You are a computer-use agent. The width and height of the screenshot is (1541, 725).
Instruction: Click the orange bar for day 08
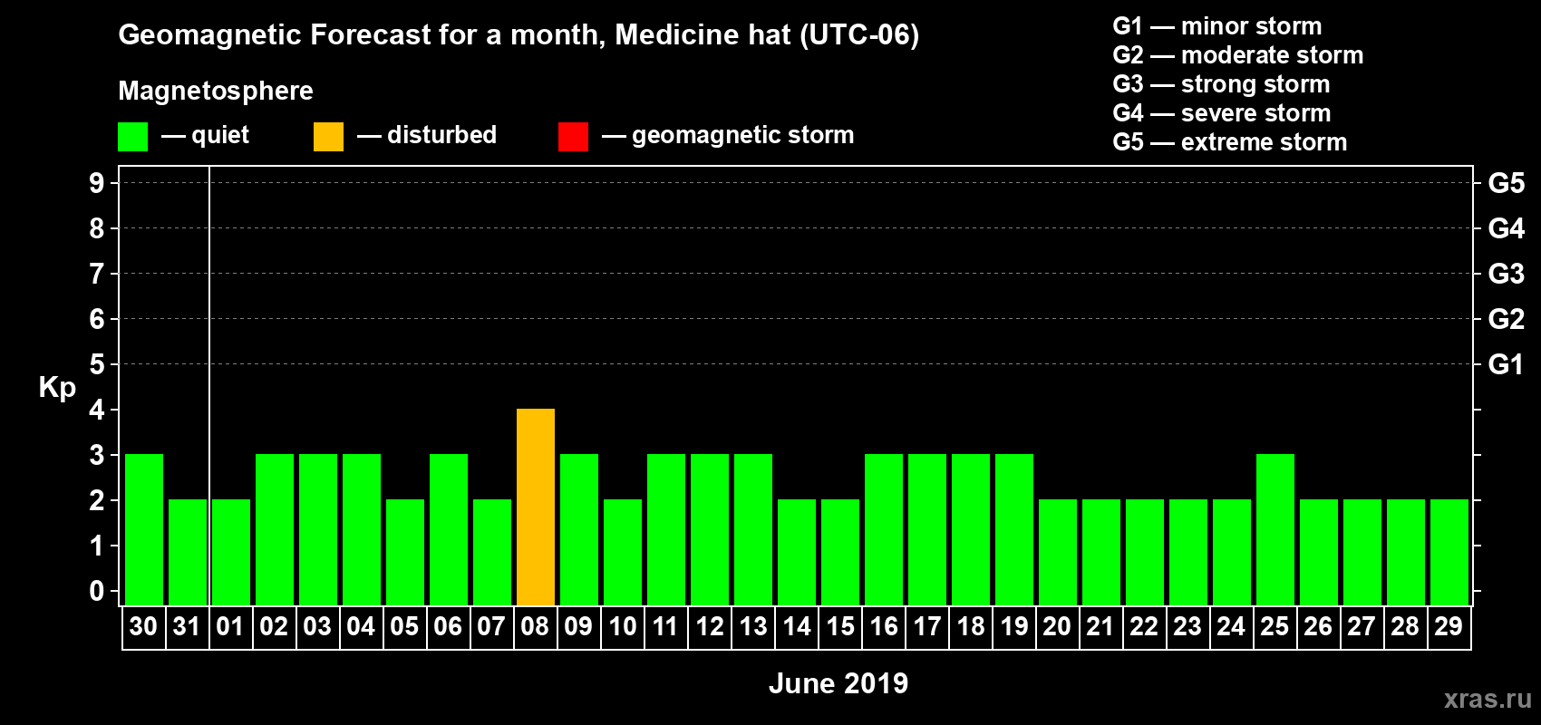tap(536, 507)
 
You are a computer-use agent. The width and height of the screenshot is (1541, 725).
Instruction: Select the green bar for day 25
tap(1275, 529)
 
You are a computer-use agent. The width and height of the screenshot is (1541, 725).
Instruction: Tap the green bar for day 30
tap(144, 529)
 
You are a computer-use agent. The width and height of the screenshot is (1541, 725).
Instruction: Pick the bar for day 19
tap(1014, 529)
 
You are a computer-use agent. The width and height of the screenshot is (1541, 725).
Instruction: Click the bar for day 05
tap(405, 552)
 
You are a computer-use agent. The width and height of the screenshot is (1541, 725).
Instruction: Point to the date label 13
tap(753, 626)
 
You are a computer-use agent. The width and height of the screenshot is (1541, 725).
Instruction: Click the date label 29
tap(1449, 626)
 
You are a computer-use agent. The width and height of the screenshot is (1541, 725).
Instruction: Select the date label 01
tap(230, 626)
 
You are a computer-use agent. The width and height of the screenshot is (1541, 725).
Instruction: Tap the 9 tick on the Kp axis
tap(97, 183)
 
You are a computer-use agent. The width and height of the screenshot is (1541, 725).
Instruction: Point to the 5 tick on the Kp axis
tap(97, 364)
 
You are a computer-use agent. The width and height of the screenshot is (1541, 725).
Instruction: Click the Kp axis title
tap(57, 387)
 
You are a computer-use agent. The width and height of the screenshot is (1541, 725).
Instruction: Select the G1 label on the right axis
tap(1506, 364)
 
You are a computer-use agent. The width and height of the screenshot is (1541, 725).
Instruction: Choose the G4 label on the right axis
tap(1506, 228)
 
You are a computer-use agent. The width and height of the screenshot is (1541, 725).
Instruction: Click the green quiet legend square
tap(133, 137)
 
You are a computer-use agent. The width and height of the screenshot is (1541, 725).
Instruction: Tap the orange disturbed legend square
tap(328, 137)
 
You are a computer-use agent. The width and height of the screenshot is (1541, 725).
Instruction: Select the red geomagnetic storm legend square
tap(573, 137)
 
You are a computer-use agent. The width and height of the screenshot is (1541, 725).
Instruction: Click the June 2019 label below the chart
tap(838, 683)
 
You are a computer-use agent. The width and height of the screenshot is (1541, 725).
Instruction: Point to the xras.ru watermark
tap(1488, 699)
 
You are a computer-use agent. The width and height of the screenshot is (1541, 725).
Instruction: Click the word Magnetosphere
tap(216, 91)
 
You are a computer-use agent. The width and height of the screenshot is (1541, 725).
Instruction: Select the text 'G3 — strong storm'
tap(1221, 84)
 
